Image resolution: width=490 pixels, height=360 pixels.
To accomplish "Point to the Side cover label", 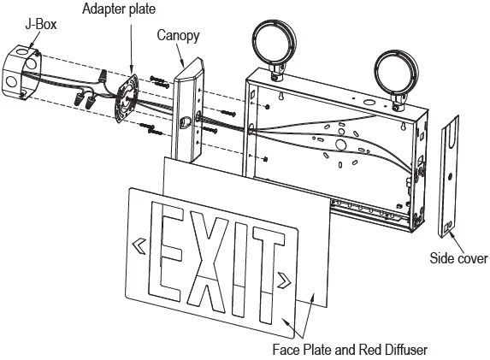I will pos(459,257).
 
